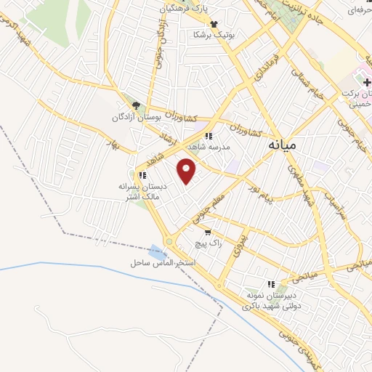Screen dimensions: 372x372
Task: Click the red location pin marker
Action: (187, 171)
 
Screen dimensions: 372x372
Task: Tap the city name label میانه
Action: (282, 145)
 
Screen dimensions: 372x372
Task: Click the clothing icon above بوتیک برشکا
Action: (213, 24)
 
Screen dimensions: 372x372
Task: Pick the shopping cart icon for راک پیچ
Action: (209, 233)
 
